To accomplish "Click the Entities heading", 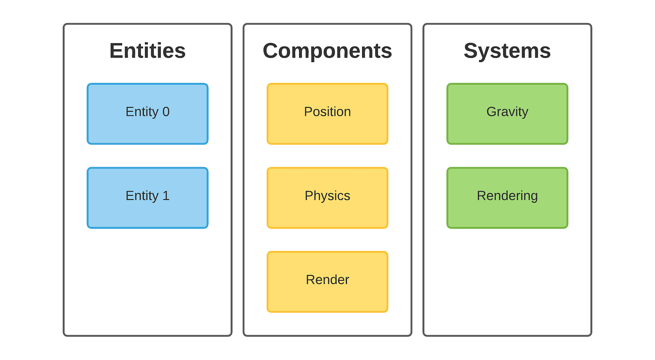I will tap(147, 51).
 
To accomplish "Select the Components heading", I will tap(327, 51).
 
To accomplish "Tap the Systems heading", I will tap(507, 51).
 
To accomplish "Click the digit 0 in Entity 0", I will tap(166, 112).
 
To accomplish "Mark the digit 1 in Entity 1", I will tap(166, 196).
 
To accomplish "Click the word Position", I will tap(327, 112).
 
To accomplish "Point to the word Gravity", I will tap(507, 112).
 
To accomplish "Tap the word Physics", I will tap(327, 196).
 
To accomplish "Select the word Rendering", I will tap(507, 196).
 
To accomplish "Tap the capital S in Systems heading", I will tap(471, 51).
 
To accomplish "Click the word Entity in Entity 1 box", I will tap(142, 196).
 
